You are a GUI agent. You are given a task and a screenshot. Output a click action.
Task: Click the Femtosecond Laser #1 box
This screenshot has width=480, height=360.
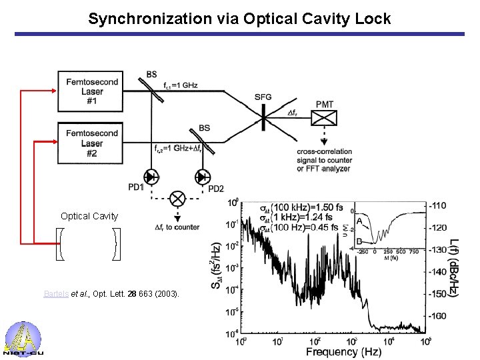(92, 91)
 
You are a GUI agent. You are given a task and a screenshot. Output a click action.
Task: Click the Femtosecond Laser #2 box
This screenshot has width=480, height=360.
(92, 143)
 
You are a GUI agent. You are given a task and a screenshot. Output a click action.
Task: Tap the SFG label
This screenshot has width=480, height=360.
(263, 97)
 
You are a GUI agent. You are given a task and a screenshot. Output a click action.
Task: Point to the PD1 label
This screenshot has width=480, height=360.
(136, 187)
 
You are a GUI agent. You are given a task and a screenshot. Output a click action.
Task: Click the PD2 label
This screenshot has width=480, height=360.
(217, 189)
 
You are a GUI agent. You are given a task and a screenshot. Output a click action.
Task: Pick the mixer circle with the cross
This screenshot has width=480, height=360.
(178, 198)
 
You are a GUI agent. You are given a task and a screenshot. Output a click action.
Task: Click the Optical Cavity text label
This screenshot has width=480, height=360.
(89, 216)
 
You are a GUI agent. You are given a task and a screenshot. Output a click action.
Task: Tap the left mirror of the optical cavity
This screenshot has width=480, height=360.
(58, 244)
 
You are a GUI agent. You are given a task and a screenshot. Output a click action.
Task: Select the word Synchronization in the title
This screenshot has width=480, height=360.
(141, 19)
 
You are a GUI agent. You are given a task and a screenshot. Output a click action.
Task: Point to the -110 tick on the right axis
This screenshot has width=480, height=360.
(439, 205)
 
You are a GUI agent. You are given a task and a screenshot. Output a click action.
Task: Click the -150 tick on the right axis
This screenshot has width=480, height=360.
(439, 293)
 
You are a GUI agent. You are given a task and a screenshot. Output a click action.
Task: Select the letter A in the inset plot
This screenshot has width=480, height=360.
(361, 221)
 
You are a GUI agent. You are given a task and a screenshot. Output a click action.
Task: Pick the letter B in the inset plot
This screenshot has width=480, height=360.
(361, 241)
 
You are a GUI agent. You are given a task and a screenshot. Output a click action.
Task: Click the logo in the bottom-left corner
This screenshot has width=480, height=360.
(23, 339)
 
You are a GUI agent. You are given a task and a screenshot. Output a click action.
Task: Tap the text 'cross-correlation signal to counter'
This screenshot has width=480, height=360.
(324, 156)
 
